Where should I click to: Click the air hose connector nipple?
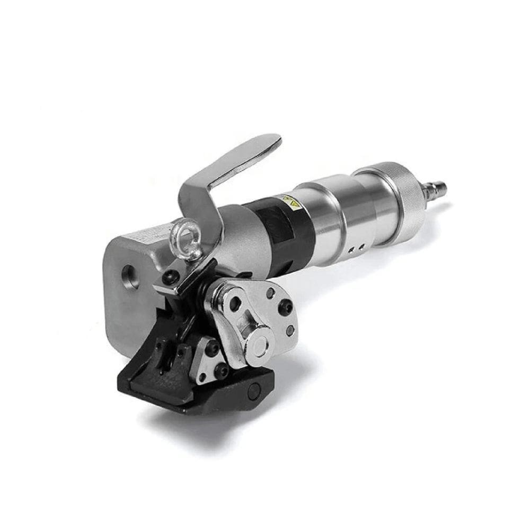tap(438, 185)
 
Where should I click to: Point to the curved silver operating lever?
tap(233, 164)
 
